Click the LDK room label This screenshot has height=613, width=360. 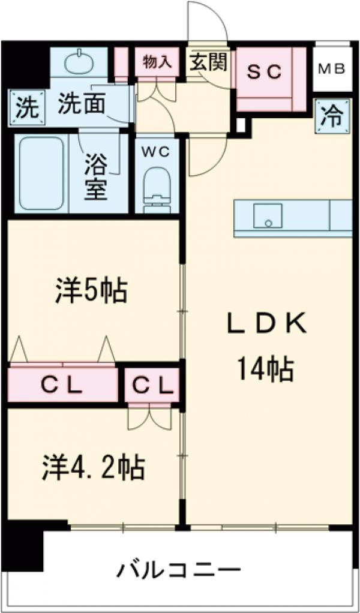tap(266, 325)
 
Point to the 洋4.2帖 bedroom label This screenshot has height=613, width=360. tap(93, 466)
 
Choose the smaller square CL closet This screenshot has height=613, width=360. tap(152, 385)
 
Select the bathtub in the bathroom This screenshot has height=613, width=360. tap(40, 174)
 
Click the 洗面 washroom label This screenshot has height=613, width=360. tap(82, 106)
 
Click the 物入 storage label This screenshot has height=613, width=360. tap(158, 62)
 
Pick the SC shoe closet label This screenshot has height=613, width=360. tap(265, 72)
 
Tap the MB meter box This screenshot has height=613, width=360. tap(332, 68)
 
